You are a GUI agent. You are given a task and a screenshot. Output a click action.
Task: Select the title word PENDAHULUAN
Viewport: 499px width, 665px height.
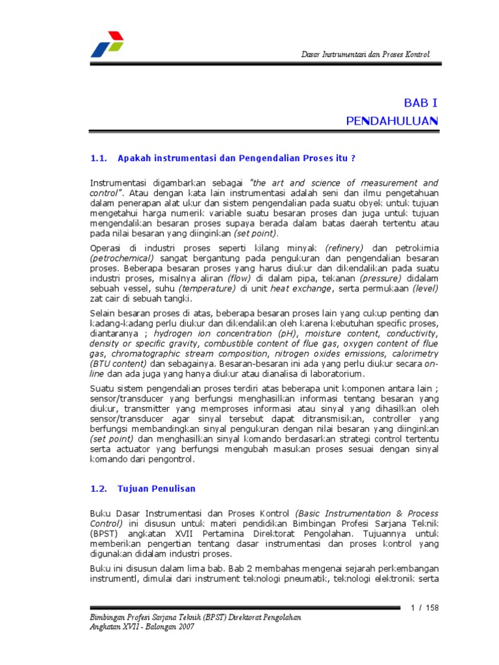(x=392, y=121)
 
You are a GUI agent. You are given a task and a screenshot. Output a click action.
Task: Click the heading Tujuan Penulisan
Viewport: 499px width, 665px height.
(x=156, y=488)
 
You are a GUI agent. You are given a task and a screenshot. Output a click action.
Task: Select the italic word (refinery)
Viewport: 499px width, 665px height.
(x=345, y=248)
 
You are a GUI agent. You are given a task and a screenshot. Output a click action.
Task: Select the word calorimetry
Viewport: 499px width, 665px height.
(x=411, y=354)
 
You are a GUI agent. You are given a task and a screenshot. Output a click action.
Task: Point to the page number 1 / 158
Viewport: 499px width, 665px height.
(x=426, y=607)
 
